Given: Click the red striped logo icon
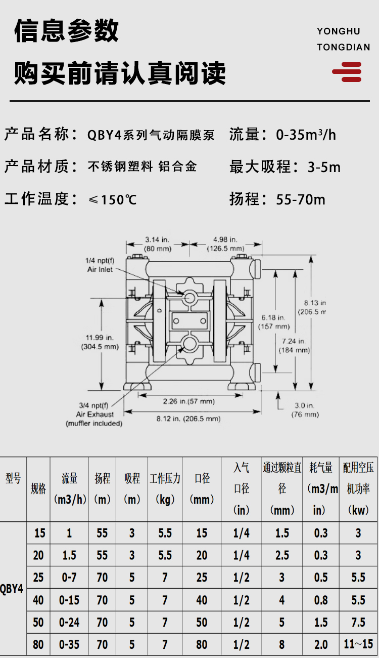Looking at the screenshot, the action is (347, 72).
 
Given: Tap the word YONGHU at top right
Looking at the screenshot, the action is (339, 31).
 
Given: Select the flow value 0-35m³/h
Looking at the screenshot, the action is (306, 135).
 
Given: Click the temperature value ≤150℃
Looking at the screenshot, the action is (112, 200).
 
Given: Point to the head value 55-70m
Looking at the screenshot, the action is (301, 199).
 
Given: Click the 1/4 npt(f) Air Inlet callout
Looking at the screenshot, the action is (100, 265).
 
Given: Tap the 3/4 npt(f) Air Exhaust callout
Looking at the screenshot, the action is (94, 414).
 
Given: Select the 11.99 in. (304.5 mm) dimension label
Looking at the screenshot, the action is (100, 342).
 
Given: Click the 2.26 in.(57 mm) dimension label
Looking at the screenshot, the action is (189, 401).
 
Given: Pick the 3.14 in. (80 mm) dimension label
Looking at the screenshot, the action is (158, 244).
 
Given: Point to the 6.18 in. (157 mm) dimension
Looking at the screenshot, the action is (274, 322).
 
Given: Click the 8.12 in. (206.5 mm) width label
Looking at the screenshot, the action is (188, 419).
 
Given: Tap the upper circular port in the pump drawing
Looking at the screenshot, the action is (189, 298).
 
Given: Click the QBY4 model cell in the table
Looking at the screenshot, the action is (12, 589).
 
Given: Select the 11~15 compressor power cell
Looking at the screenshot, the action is (358, 644).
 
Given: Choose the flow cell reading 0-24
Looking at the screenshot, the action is (69, 622).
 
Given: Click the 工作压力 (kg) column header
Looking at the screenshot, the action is (165, 489).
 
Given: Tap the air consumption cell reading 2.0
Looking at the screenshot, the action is (321, 644).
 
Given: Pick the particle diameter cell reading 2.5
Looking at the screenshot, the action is (282, 555).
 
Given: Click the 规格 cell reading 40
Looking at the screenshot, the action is (38, 600).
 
